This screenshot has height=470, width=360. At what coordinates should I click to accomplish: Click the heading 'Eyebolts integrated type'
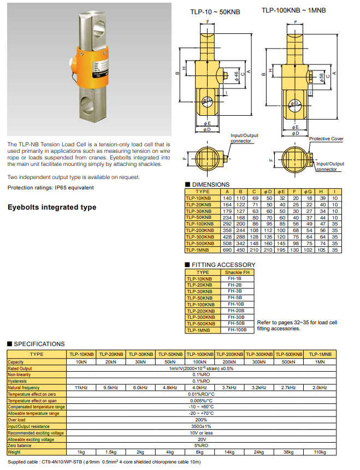[52, 207]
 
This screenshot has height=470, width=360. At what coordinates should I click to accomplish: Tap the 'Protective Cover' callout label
[326, 139]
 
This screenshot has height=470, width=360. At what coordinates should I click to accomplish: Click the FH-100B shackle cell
[237, 330]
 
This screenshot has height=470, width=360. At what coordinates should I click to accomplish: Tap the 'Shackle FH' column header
[237, 272]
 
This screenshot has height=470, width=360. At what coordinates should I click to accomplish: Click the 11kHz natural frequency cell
[81, 388]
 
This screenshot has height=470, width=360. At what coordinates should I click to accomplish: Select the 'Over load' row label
[17, 420]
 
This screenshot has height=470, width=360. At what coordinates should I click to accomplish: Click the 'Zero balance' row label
[20, 446]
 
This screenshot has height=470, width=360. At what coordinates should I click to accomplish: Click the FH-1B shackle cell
[237, 278]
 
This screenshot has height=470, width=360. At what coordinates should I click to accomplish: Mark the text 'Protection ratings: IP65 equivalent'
[50, 188]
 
